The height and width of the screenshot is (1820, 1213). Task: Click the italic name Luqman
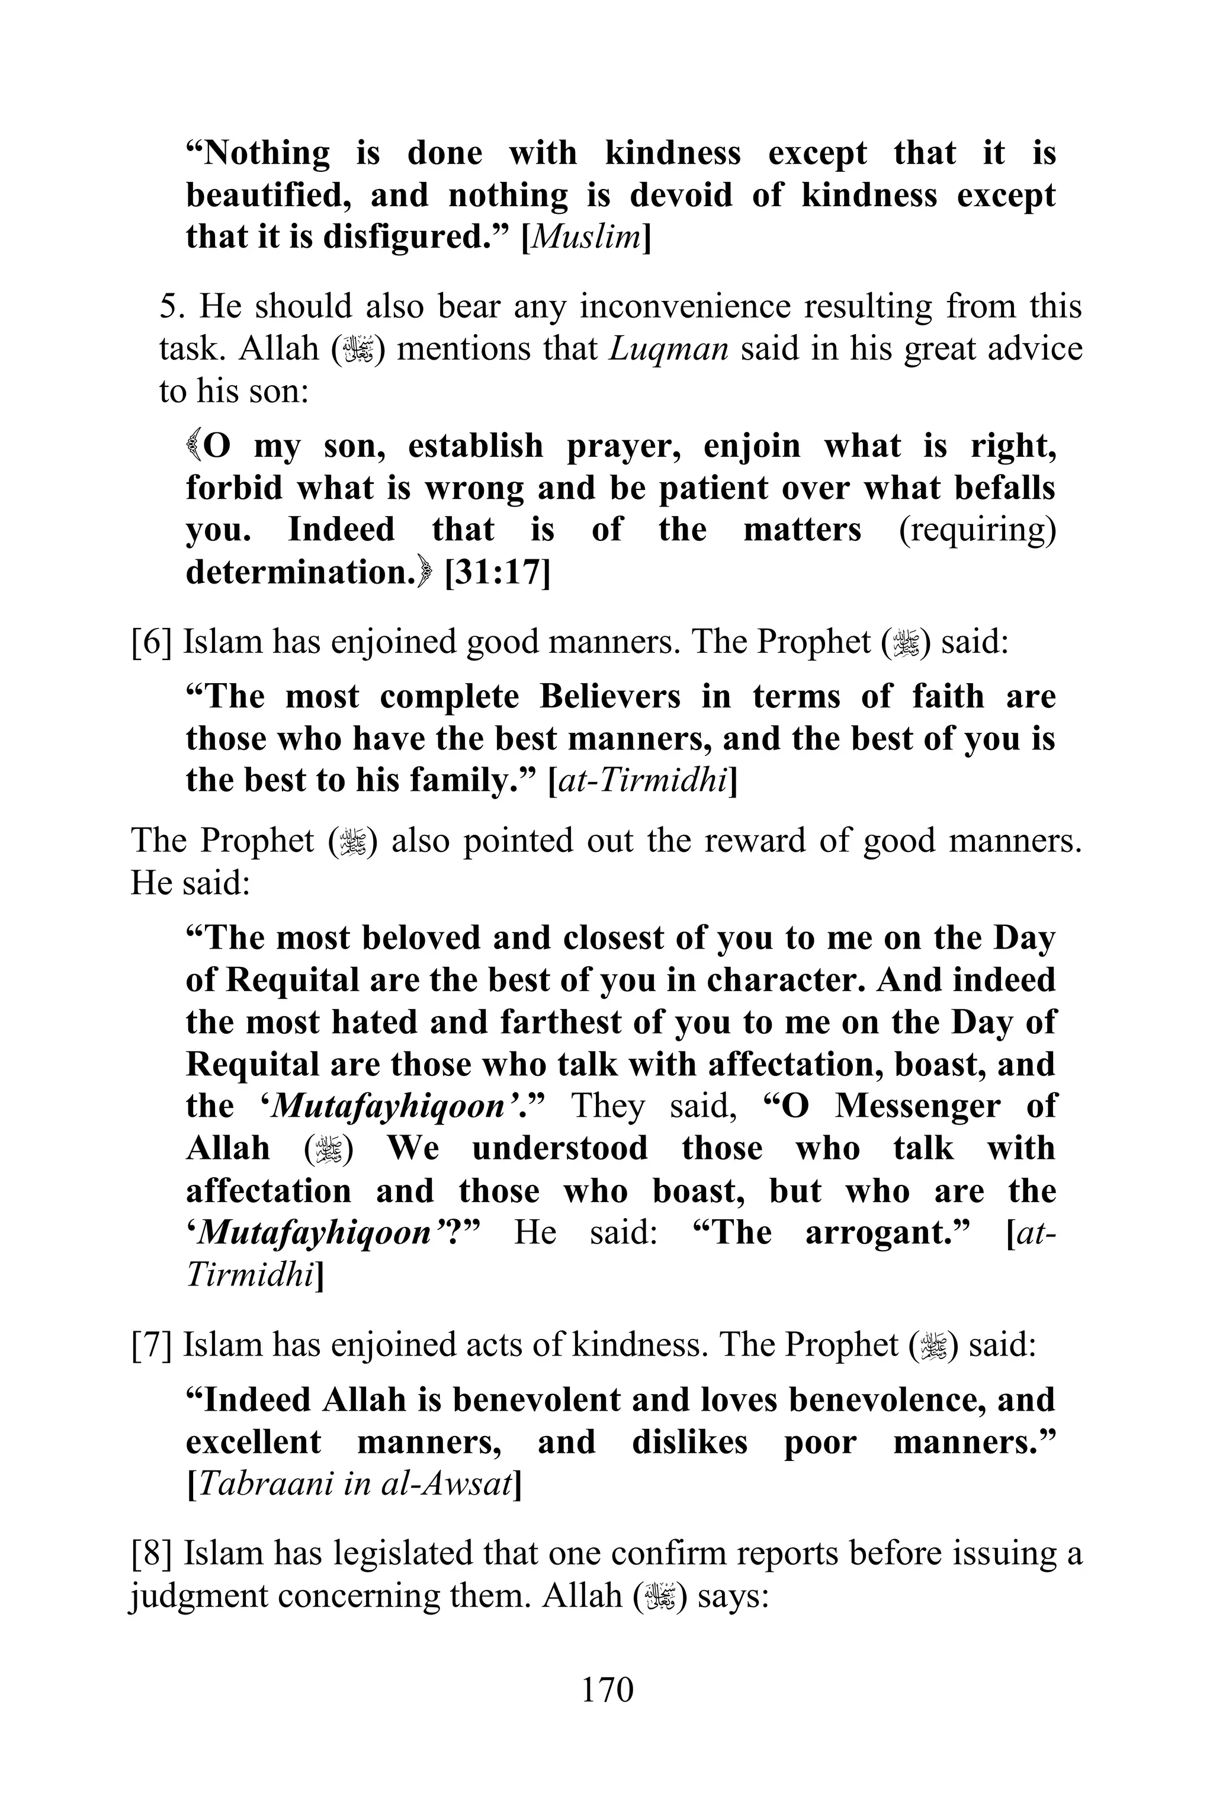(668, 349)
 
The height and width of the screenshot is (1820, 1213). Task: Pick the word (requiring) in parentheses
(977, 531)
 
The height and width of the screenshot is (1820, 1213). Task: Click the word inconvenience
(685, 307)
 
